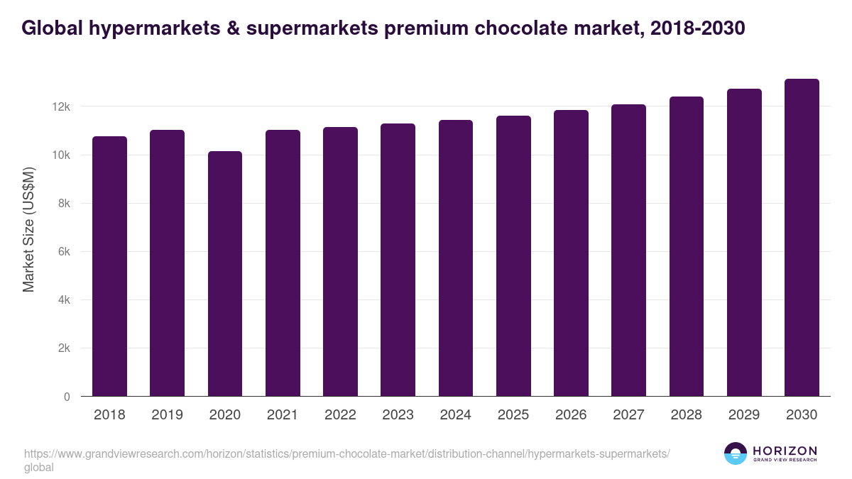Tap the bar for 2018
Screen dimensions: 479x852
pos(109,266)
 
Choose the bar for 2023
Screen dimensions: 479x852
pos(398,260)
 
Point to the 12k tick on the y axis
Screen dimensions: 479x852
pos(61,106)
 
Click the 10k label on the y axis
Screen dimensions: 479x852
pos(61,155)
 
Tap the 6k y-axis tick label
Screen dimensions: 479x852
pos(64,252)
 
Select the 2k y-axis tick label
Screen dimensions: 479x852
pos(64,348)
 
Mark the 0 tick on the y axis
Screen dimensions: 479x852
pos(67,397)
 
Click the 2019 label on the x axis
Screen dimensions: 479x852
pos(167,415)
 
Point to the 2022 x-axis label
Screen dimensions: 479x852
pos(340,415)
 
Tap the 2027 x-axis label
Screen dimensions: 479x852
pos(628,415)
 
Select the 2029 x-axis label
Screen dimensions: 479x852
pos(744,415)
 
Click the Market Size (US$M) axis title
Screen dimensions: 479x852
pos(28,229)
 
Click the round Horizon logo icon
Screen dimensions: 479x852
pos(736,453)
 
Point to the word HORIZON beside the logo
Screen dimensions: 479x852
pos(785,451)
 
